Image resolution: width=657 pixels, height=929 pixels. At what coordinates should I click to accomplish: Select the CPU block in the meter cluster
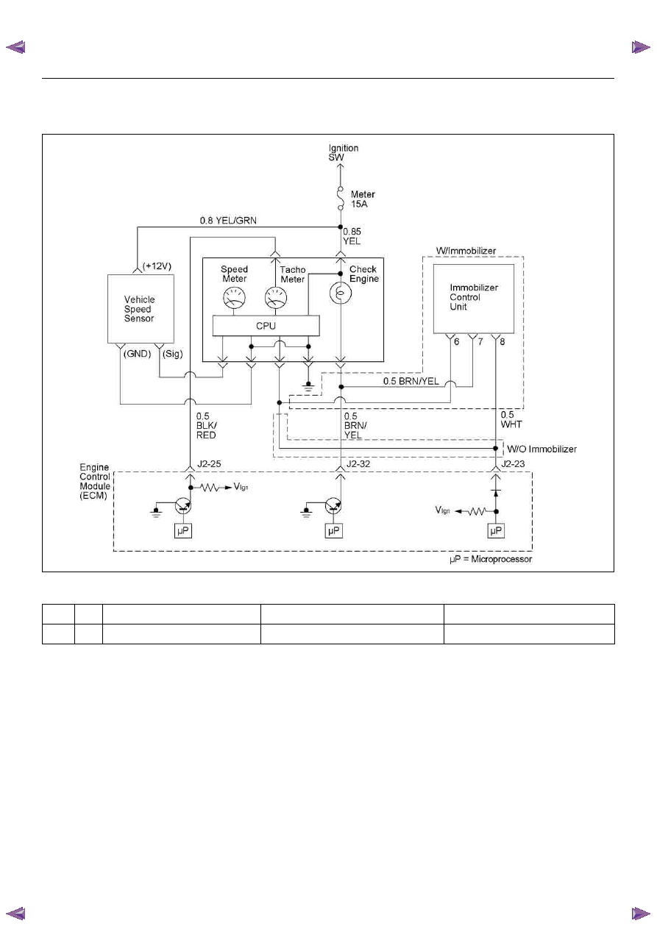(x=266, y=326)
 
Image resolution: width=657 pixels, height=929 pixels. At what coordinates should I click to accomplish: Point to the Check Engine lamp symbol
(x=341, y=293)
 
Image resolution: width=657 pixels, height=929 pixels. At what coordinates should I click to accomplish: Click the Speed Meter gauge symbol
(x=235, y=297)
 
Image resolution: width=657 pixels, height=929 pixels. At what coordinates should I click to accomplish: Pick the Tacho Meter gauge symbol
(x=276, y=297)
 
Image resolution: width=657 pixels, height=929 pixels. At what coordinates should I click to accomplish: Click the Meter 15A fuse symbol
(x=341, y=199)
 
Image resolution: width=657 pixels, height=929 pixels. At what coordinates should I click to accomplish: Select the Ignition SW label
(x=343, y=152)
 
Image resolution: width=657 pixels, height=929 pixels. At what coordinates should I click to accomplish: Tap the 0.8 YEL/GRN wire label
(x=228, y=220)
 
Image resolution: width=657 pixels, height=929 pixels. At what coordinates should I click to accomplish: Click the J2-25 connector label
(x=209, y=463)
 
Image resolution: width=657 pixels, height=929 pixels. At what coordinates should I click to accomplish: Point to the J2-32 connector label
(x=358, y=463)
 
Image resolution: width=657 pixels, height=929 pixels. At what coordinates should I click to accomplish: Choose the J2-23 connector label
(x=513, y=463)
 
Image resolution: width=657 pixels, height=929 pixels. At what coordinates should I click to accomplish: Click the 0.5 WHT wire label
(x=511, y=419)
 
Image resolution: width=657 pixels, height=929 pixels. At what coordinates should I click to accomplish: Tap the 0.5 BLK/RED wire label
(x=206, y=425)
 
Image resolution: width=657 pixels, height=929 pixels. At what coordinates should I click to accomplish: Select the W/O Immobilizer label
(x=541, y=449)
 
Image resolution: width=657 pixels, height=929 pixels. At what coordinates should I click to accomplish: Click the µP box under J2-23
(x=496, y=531)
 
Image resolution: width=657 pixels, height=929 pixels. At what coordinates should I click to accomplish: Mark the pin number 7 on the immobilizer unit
(x=480, y=342)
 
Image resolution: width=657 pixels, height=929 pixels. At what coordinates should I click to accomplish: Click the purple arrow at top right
(x=641, y=47)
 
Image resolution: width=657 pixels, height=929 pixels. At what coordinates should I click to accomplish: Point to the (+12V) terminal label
(x=157, y=266)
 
